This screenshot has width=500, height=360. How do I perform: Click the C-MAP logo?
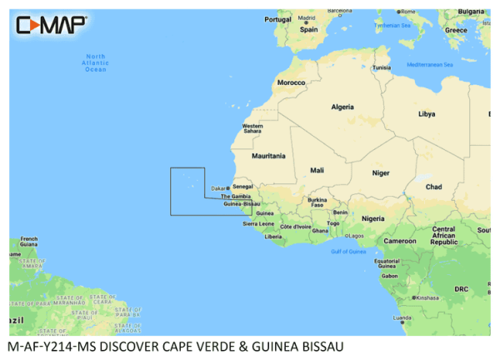pos(51,24)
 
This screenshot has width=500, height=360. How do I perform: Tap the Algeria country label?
pos(343,107)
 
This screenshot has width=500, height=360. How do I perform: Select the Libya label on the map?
pos(426,113)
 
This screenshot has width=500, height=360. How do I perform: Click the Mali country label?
pos(317,170)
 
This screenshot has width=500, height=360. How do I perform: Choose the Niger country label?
pos(380,173)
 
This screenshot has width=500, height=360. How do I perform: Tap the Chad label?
pos(432,187)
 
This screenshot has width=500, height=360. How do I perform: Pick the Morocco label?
pos(292,83)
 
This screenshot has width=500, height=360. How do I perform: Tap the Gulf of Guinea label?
pos(348,251)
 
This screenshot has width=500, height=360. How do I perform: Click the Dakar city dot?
pos(227,187)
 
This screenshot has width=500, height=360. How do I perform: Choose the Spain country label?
pos(309,28)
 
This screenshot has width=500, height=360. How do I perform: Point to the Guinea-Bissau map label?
pos(242,203)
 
